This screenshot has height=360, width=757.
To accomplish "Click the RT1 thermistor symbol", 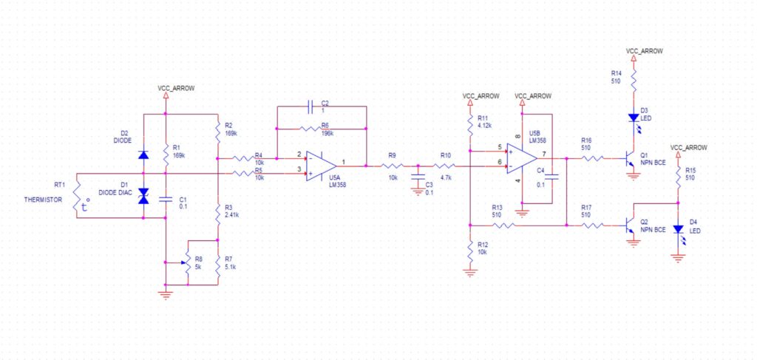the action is click(77, 195).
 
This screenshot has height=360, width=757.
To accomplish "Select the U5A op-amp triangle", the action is click(321, 166).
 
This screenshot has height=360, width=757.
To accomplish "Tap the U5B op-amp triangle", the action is click(522, 159).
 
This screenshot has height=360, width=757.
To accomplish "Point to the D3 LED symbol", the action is click(634, 118).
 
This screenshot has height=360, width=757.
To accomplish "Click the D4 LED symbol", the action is click(679, 229).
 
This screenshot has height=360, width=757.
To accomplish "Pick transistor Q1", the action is click(628, 158).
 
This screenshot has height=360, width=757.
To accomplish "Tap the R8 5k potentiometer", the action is click(185, 263).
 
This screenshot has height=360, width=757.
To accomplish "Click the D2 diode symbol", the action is click(143, 155).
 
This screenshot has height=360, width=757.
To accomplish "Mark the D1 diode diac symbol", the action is click(143, 195).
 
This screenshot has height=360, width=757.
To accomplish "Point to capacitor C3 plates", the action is click(418, 177).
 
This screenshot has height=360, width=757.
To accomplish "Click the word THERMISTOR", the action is click(43, 200).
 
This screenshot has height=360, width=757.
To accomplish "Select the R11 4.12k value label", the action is click(484, 125).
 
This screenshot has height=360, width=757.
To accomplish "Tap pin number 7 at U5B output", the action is click(543, 154).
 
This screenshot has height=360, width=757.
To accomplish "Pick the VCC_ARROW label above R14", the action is click(644, 51).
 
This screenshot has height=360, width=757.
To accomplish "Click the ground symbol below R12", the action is click(469, 274).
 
